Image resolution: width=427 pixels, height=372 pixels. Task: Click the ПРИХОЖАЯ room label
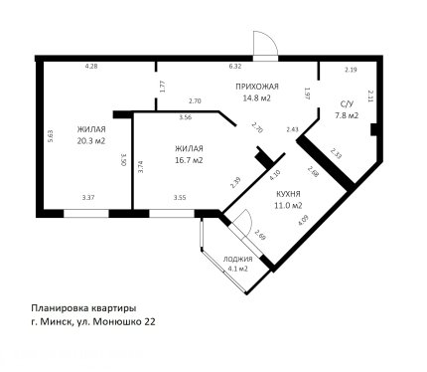point(257,87)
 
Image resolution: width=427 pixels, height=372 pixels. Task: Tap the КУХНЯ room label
point(288,194)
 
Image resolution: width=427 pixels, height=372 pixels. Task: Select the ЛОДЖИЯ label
point(237,260)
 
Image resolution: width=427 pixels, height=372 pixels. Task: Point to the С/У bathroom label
point(347,104)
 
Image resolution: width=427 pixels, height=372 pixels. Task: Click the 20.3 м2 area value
point(91,141)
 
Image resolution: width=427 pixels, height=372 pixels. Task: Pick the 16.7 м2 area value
point(189,160)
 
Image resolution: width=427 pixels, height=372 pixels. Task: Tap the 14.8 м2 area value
point(257,98)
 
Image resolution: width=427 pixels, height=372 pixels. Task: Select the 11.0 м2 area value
point(288,206)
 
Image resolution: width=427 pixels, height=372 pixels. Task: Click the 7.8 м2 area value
point(347,115)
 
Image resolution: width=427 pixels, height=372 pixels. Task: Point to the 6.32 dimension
point(235,67)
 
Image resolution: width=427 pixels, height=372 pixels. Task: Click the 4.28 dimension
point(91,67)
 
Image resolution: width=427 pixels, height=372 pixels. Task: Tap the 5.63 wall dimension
point(51,136)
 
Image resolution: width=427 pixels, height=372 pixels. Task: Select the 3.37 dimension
point(88,197)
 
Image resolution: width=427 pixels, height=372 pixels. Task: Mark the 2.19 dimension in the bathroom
point(351,70)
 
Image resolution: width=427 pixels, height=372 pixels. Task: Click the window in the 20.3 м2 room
point(86,213)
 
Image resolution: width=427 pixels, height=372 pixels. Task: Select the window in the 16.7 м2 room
point(172,213)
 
